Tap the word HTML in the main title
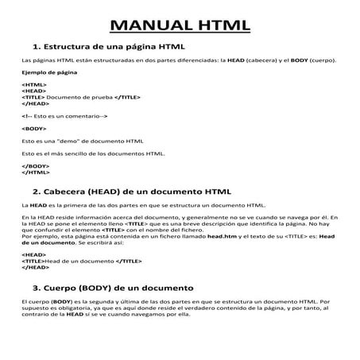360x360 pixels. (220, 25)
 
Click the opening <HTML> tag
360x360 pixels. (34, 84)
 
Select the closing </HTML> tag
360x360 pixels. (36, 171)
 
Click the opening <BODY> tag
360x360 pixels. (34, 128)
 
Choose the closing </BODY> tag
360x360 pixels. (36, 165)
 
